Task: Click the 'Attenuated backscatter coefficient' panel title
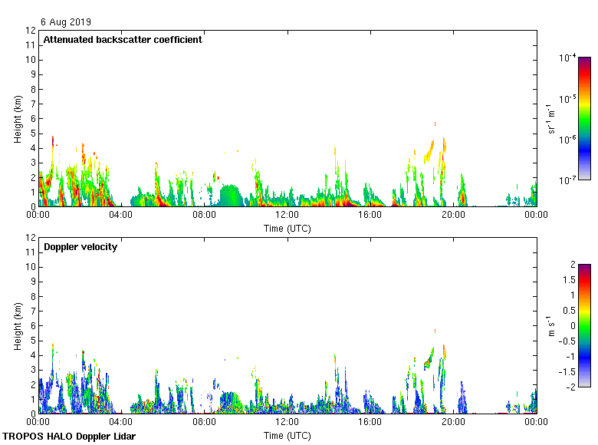tap(123, 40)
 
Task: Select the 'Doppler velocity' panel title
tap(80, 247)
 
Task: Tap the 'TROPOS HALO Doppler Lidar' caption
tap(69, 437)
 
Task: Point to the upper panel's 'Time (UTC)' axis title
tap(287, 228)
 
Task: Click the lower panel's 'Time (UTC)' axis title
tap(287, 435)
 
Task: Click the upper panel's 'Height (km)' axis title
tap(18, 119)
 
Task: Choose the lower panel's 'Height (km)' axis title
tap(18, 326)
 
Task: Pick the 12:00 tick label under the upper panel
tap(287, 216)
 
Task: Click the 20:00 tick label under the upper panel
tap(453, 216)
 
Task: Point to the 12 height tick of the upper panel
tap(31, 31)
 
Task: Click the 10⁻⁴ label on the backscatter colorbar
tap(567, 58)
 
